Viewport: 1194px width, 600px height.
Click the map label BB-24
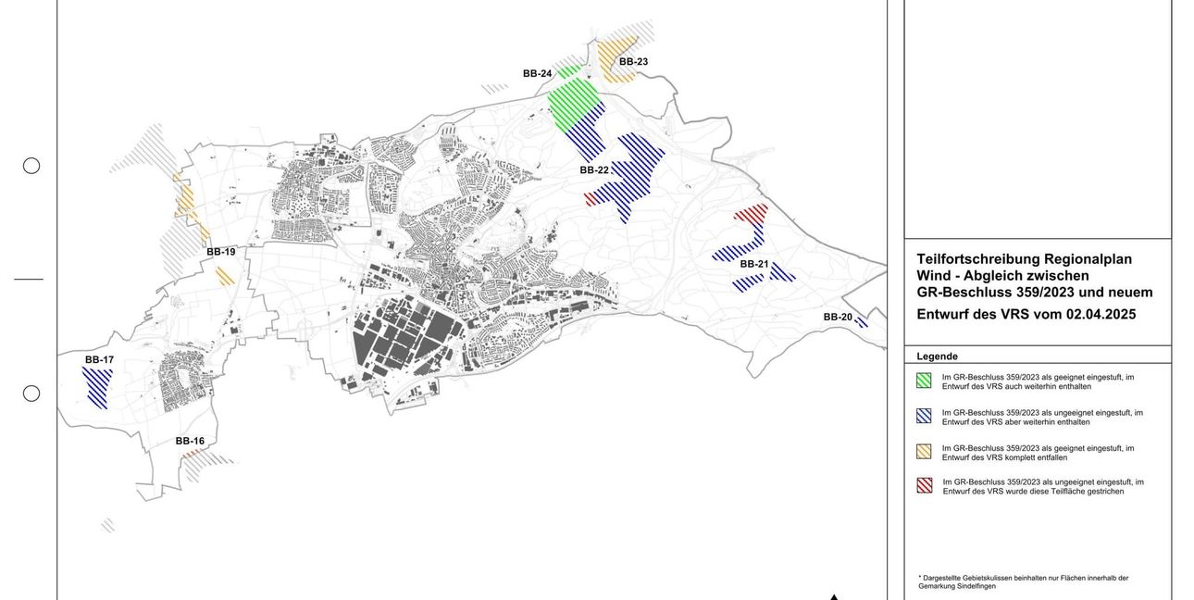(x=537, y=73)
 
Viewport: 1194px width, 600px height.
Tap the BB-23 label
(x=633, y=62)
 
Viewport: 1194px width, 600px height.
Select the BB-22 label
(x=594, y=170)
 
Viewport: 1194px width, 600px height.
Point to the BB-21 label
(x=754, y=264)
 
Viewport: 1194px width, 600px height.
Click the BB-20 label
(x=838, y=317)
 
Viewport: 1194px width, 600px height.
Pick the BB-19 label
(x=220, y=252)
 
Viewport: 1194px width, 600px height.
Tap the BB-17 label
(x=99, y=359)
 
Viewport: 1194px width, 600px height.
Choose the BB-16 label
(x=190, y=441)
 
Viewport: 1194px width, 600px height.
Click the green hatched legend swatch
(x=924, y=380)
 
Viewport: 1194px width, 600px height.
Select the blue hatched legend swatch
(x=924, y=416)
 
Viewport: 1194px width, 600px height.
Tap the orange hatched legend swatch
(x=924, y=451)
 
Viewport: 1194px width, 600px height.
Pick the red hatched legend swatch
(x=924, y=485)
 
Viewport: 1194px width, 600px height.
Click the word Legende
(x=937, y=356)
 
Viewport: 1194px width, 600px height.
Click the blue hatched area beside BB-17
(x=97, y=387)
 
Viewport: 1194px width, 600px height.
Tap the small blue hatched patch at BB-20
(x=862, y=322)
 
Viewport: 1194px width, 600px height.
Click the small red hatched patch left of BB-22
(x=591, y=198)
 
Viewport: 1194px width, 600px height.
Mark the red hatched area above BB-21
(x=752, y=213)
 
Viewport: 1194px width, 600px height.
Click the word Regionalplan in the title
(x=1088, y=259)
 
